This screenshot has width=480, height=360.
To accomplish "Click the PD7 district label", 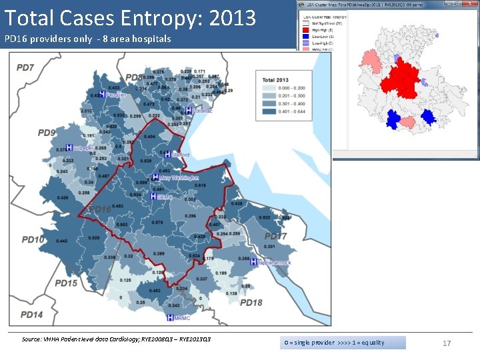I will pos(26,67).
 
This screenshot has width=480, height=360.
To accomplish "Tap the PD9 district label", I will pos(47,133).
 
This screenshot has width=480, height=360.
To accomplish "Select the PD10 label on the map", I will pos(34,239).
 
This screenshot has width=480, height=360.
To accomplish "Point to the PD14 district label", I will pos(31,314).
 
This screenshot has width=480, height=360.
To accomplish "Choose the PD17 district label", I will pos(275,236).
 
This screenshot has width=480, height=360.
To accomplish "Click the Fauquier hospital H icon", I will pos(102,94).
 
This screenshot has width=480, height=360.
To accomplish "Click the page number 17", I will pos(447,343).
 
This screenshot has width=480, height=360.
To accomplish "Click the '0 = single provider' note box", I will pos(342,343).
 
